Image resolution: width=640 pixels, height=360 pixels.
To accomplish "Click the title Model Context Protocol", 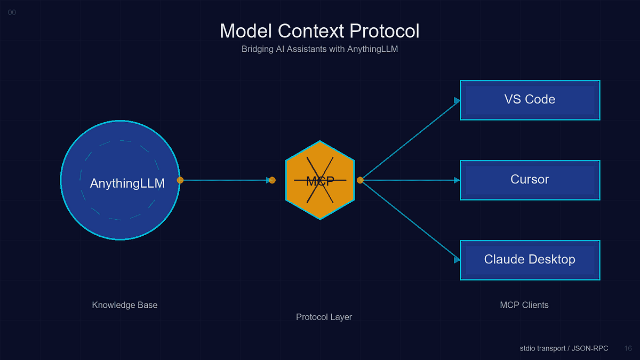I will (x=319, y=31).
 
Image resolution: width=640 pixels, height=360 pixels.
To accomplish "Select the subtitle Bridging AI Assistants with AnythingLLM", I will (x=319, y=50).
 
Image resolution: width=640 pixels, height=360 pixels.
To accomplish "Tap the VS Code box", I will (x=530, y=100).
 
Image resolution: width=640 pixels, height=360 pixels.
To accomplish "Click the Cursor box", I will (x=530, y=180).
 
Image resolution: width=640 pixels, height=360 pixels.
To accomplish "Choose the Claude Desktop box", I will (x=530, y=260).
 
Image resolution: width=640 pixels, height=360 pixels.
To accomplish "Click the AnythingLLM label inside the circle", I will (x=127, y=183).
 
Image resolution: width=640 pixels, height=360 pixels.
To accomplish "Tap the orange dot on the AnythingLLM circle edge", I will (x=180, y=180).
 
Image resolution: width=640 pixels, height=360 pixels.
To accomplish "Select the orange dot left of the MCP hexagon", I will (x=272, y=180).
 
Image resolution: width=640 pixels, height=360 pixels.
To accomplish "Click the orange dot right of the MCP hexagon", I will (x=360, y=180).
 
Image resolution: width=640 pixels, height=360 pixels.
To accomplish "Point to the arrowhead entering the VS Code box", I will (x=457, y=100).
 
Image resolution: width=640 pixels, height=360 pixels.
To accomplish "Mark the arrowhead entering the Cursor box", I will (x=457, y=180).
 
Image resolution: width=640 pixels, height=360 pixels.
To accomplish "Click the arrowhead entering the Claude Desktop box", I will (x=457, y=260).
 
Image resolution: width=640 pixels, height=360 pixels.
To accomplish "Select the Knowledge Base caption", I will (x=125, y=305).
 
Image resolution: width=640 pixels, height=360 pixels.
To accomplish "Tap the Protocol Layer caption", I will (x=324, y=317).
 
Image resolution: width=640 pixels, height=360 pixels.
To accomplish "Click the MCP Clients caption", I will (x=524, y=305).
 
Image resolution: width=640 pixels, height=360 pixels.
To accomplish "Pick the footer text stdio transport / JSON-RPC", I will (x=564, y=348).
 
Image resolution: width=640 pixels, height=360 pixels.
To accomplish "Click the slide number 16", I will (x=628, y=348).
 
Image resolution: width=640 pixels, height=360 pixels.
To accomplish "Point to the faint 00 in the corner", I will (x=12, y=12).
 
